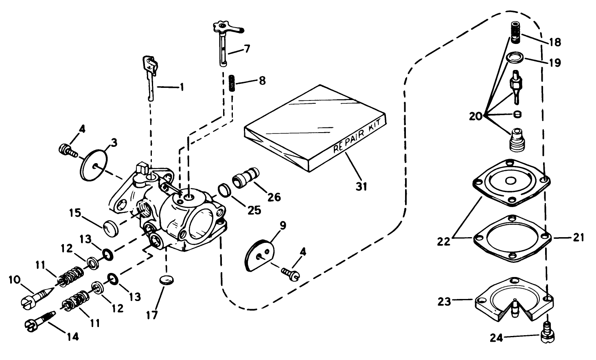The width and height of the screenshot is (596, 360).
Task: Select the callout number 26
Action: [x=274, y=197]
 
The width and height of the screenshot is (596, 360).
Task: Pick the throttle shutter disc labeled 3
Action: [x=94, y=166]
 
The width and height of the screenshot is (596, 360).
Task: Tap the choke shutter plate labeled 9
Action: [x=261, y=255]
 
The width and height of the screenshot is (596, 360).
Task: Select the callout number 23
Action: [x=445, y=301]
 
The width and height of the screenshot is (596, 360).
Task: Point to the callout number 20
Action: [x=475, y=116]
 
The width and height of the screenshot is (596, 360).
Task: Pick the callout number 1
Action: [x=181, y=87]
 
